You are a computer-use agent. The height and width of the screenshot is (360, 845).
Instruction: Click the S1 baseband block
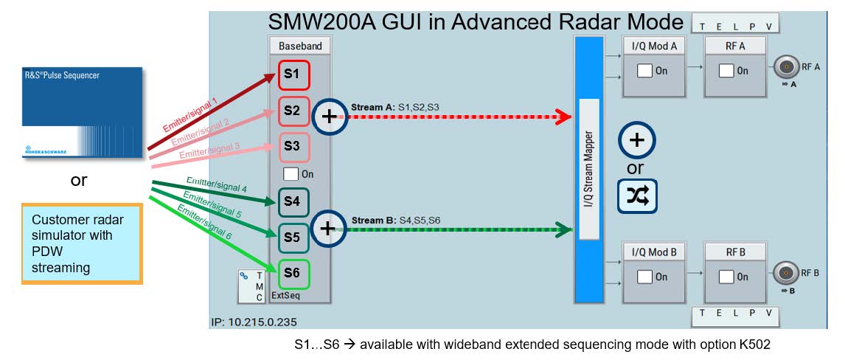coord(293,75)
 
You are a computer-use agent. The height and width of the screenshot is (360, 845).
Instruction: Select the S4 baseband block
coord(293,201)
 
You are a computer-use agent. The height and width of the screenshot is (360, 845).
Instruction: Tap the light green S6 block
coord(293,273)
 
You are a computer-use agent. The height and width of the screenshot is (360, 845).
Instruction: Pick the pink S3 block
coord(293,147)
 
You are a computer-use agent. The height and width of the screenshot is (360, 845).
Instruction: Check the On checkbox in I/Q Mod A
coord(645,71)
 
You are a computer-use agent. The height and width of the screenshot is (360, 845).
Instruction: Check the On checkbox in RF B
coord(726,277)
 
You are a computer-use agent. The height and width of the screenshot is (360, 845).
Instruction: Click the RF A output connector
coord(787,69)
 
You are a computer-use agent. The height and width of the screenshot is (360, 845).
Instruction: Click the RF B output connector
coord(787,274)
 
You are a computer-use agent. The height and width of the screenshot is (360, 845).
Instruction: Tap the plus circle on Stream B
coord(327,229)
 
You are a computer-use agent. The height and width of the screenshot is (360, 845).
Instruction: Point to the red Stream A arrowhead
coord(563,116)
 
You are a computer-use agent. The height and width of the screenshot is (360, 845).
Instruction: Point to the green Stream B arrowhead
coord(564,229)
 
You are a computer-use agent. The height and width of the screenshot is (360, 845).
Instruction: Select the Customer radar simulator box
coord(81,243)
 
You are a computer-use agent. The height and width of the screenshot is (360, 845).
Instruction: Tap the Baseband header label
coord(300,46)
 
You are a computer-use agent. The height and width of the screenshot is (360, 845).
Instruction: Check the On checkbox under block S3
coord(291,174)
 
